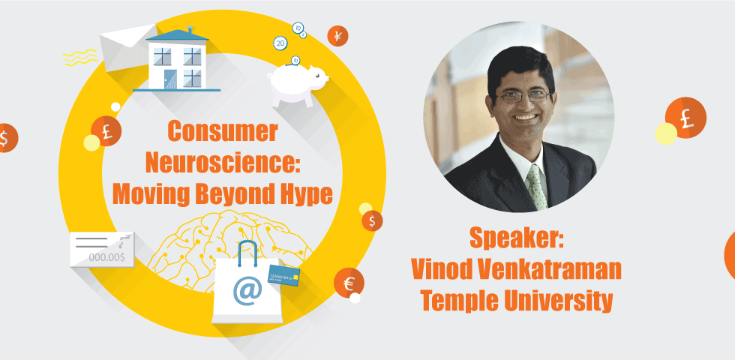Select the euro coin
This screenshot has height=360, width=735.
click(x=349, y=283)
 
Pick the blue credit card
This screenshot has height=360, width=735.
click(x=284, y=277)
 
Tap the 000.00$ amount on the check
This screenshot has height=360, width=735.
click(x=108, y=256)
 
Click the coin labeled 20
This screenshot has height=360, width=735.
click(x=280, y=43)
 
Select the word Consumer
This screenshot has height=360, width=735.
click(x=221, y=132)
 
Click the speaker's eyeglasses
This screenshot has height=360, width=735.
click(x=520, y=94)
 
